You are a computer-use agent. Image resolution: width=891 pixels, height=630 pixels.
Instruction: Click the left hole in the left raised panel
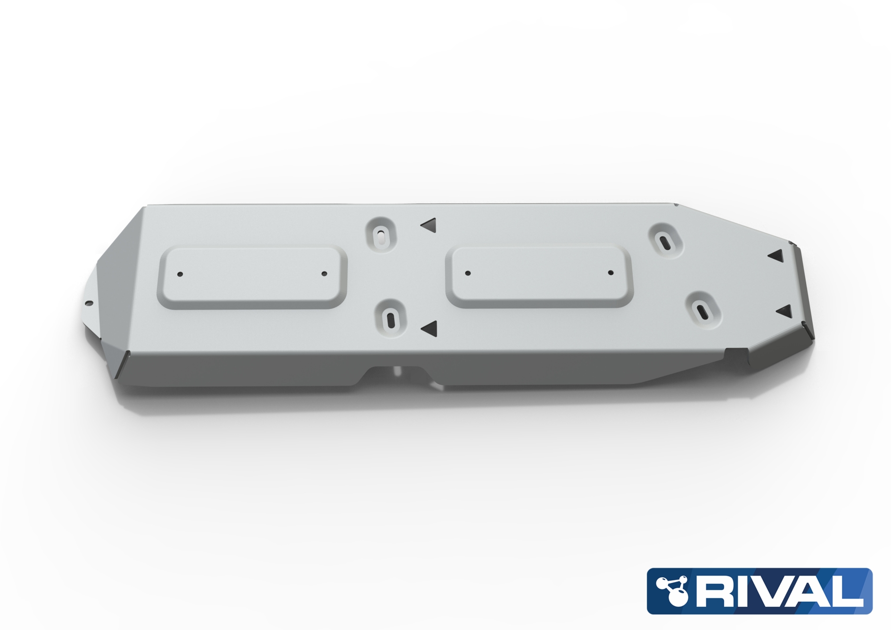coord(180,274)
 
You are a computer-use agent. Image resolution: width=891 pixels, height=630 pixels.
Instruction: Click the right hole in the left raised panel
coord(324,274)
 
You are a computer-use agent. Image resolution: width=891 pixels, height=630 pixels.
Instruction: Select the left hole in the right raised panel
coord(468,273)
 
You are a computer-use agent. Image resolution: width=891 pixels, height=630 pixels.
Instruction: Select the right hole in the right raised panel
coord(611,273)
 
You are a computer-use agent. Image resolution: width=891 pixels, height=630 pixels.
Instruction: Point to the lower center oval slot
coord(390,319)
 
